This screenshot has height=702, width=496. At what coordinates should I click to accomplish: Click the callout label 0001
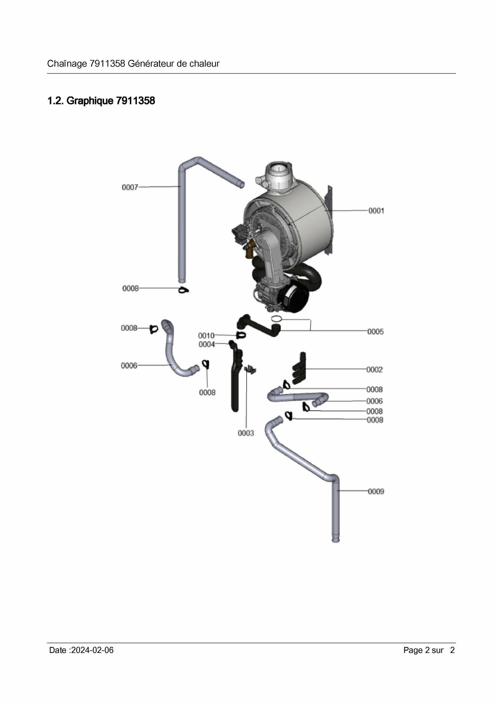376,211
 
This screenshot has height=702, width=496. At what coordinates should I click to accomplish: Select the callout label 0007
130,187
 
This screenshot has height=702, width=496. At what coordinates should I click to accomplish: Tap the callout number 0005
375,332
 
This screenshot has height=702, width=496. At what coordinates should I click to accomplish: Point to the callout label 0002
374,370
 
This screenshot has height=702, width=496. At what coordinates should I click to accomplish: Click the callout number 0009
376,492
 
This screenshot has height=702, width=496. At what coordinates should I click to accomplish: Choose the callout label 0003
246,433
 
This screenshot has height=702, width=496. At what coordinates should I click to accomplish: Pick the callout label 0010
206,336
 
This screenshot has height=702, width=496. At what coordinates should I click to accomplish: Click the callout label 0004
206,344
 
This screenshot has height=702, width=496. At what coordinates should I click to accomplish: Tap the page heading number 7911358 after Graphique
135,101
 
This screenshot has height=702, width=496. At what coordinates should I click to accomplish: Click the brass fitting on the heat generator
250,248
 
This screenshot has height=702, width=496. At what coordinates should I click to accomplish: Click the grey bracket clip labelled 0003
250,370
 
